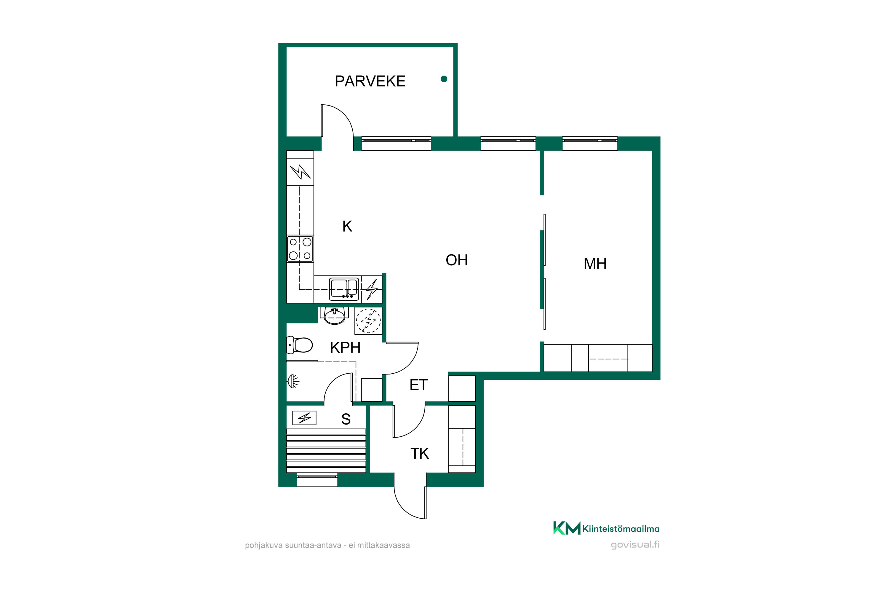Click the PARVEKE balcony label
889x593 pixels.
click(x=370, y=81)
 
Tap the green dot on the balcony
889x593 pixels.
click(x=444, y=79)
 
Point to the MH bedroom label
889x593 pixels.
click(x=595, y=264)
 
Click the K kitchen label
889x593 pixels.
click(x=347, y=226)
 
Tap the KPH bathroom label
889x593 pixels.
click(x=345, y=347)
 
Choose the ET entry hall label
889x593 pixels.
click(x=418, y=385)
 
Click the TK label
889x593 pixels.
click(x=420, y=453)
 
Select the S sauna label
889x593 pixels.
click(x=346, y=419)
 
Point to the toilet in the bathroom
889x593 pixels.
click(x=300, y=345)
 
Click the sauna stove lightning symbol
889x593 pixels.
click(x=304, y=418)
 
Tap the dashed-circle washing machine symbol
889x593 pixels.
click(x=368, y=321)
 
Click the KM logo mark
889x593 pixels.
click(x=567, y=528)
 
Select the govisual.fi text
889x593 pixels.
click(x=635, y=545)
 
